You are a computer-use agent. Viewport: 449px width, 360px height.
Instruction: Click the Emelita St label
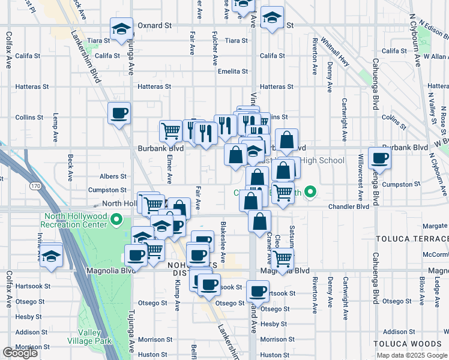(233, 71)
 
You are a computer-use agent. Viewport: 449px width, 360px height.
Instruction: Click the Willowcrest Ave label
(360, 178)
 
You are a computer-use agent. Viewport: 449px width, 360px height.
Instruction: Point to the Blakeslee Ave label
(223, 248)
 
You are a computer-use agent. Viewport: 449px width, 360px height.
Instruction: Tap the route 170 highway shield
(36, 187)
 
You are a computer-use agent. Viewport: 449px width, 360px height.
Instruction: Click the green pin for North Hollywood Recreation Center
(118, 220)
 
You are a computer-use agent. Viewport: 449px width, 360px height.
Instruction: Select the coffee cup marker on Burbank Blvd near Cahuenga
(379, 158)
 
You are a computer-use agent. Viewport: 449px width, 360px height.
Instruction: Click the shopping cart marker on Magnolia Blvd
(282, 259)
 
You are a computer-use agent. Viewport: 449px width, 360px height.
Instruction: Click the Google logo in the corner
(20, 353)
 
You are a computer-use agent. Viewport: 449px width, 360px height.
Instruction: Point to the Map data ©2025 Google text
(411, 355)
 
